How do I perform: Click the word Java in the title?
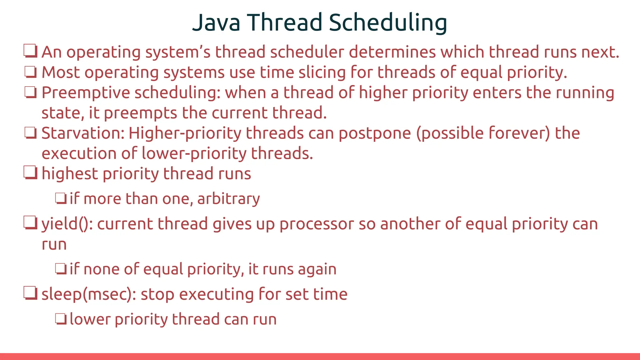coord(216,22)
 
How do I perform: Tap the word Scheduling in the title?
coord(388,22)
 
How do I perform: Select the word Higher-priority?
coord(185,134)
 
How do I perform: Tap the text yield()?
coord(67,224)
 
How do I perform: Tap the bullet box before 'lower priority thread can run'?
coord(61,319)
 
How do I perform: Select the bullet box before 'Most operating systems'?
coord(31,72)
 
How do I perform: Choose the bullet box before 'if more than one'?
coord(61,198)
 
